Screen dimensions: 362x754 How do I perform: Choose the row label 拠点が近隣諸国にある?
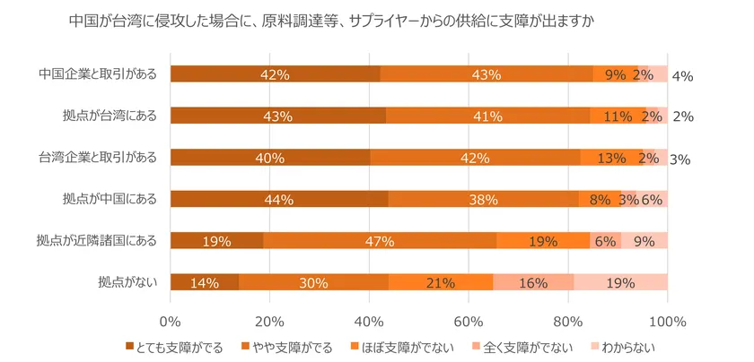click(97, 239)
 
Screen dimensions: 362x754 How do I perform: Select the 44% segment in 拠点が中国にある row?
click(279, 199)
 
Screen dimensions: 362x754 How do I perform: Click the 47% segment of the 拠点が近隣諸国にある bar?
click(380, 240)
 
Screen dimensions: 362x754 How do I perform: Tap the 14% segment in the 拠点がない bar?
click(205, 282)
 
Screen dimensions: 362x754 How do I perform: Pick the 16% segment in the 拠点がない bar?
click(533, 282)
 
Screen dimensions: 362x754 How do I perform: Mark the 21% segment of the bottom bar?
click(441, 282)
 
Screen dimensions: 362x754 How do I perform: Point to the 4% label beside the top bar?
click(682, 76)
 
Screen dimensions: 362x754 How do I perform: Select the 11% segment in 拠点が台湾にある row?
click(618, 116)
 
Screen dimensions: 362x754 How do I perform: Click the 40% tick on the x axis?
click(369, 321)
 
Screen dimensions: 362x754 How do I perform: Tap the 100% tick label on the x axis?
click(667, 321)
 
